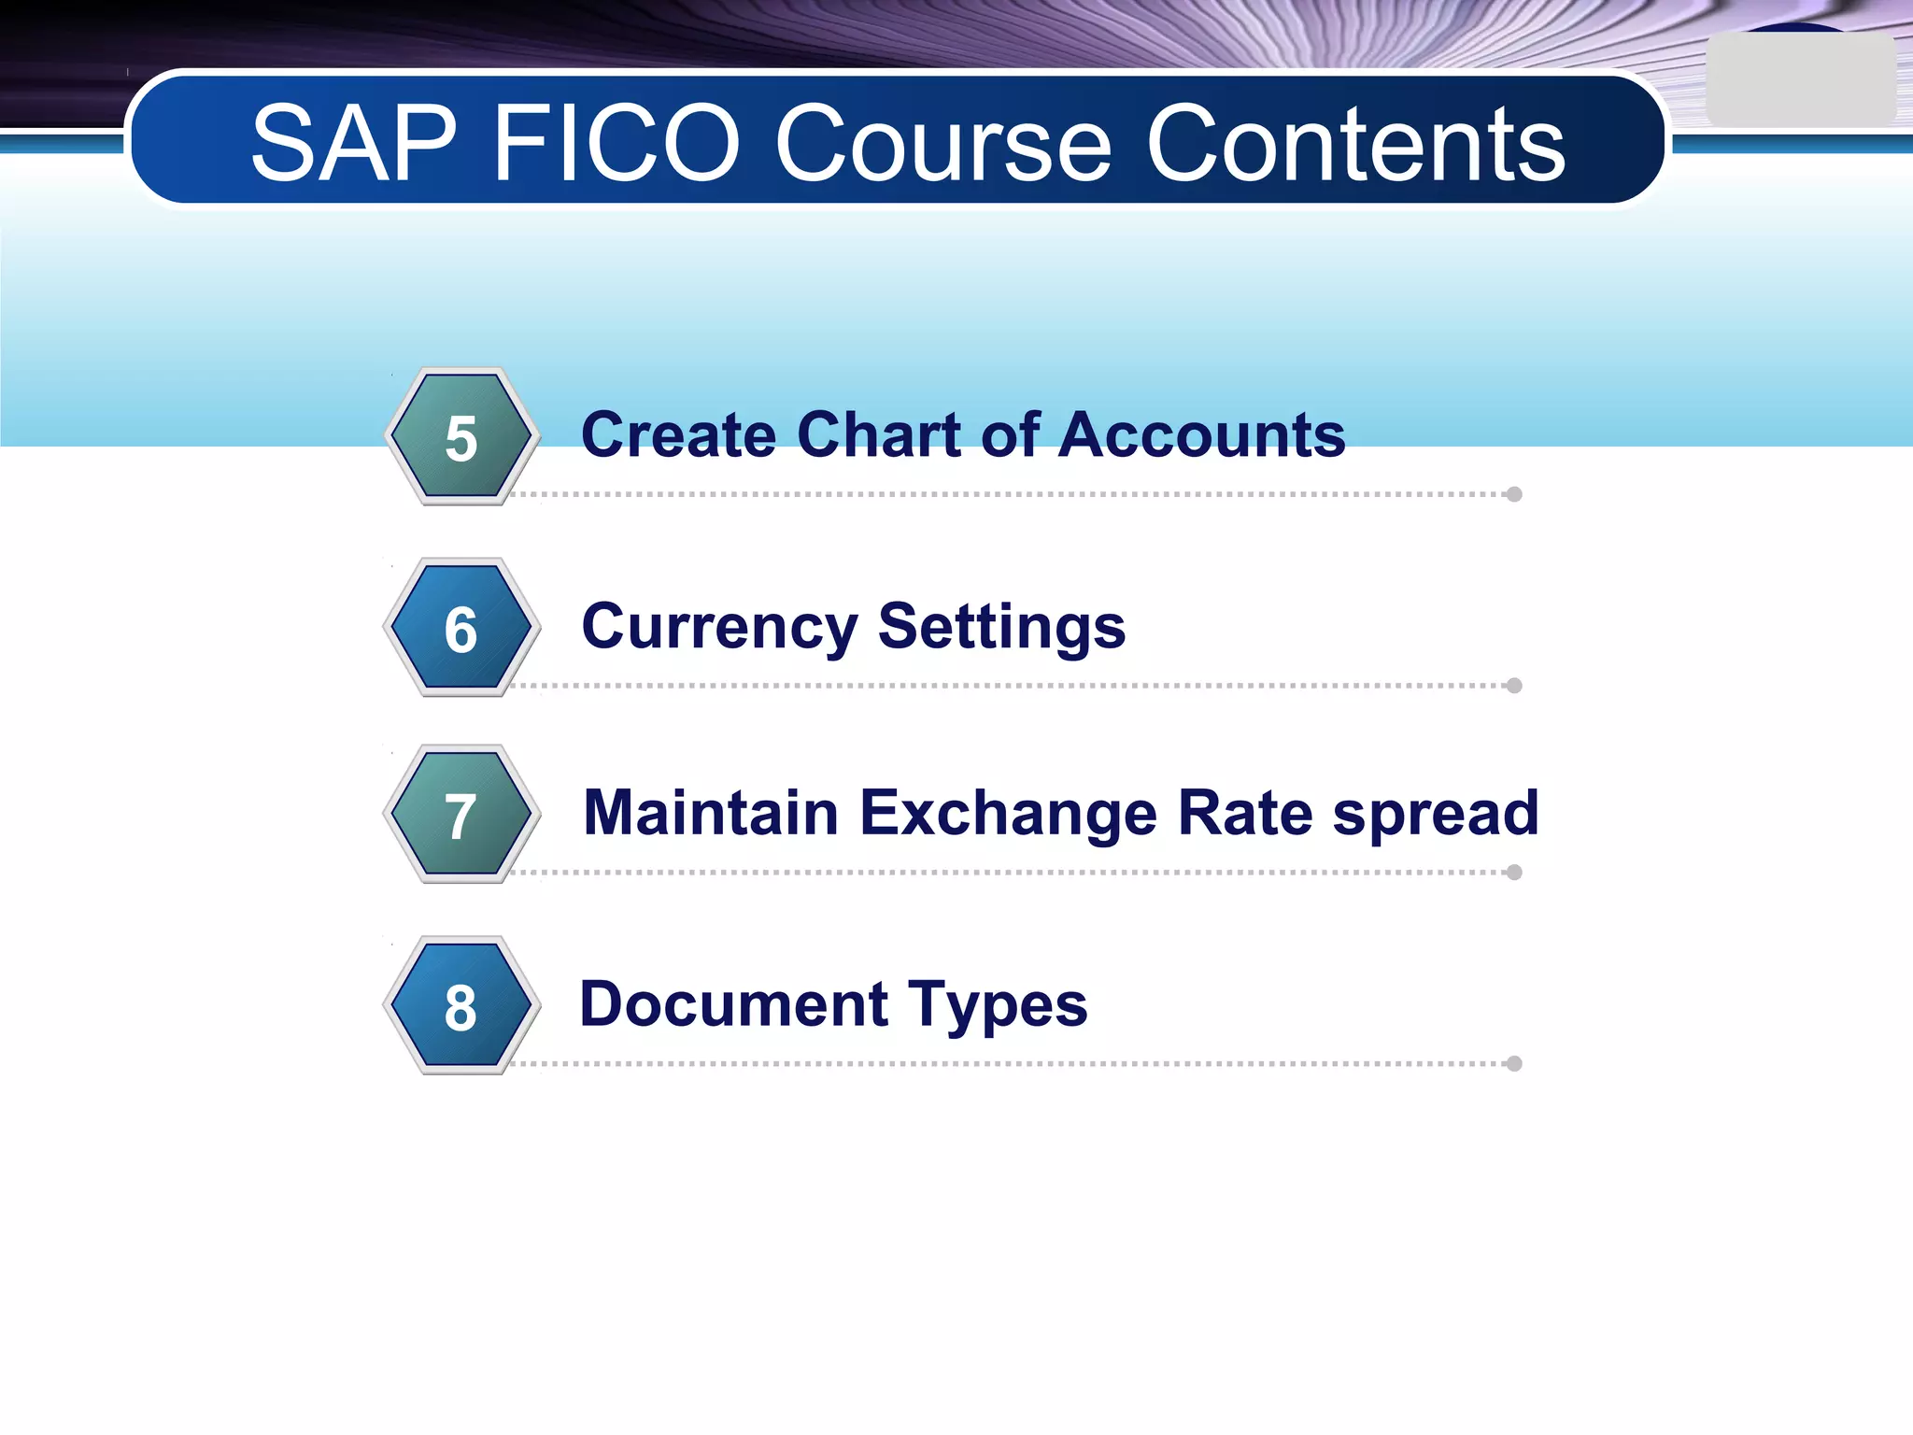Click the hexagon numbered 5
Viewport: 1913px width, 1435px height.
pos(461,436)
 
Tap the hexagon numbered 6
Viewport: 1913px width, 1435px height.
pos(461,628)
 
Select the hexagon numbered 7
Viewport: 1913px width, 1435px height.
pos(461,815)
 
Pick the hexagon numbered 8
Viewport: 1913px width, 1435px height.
pos(461,1006)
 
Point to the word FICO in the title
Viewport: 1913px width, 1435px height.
pos(616,144)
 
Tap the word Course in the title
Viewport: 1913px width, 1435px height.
pos(943,144)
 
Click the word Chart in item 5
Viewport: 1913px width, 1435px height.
pos(880,435)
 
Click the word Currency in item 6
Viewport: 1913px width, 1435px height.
pos(719,628)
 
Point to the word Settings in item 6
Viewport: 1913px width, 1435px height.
pos(1001,628)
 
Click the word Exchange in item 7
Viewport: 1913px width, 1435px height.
pos(1008,813)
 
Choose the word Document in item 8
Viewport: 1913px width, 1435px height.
pos(734,1005)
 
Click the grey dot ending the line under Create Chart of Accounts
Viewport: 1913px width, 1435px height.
pos(1514,494)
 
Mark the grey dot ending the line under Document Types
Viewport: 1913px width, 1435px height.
pos(1514,1063)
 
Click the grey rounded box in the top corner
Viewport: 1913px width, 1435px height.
pos(1799,80)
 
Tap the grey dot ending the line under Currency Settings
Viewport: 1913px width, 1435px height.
pos(1514,686)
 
